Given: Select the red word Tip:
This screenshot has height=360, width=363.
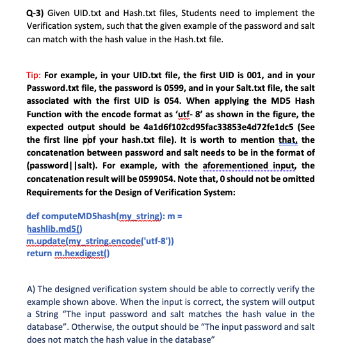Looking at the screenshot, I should click(x=36, y=75).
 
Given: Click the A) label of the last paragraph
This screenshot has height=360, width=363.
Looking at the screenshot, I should click(x=32, y=289).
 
